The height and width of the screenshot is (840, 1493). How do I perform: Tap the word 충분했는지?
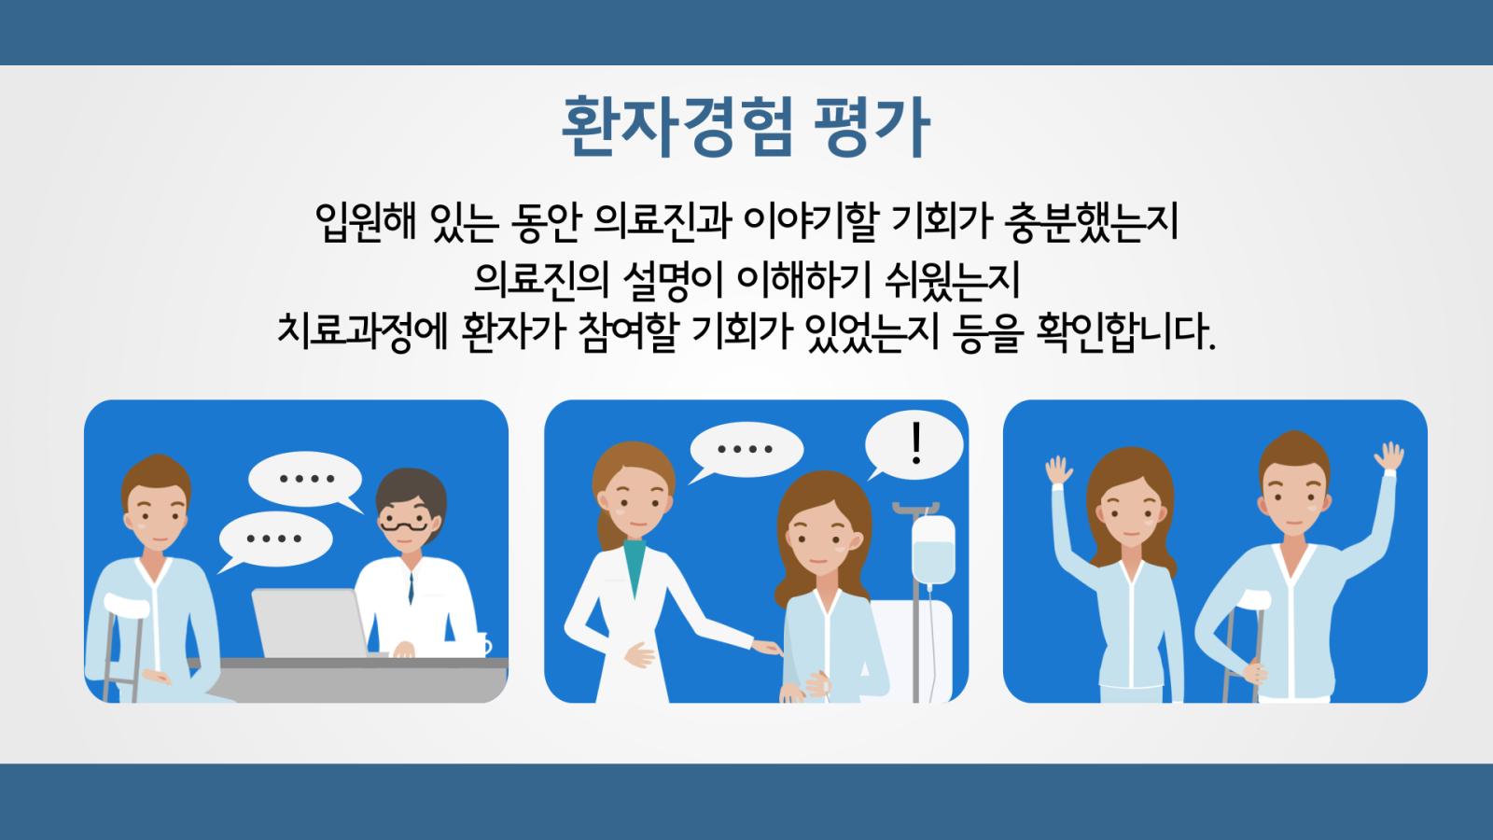1092,222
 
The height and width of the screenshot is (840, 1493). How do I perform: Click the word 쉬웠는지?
953,281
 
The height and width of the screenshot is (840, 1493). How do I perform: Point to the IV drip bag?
933,550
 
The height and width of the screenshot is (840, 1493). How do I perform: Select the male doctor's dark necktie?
412,588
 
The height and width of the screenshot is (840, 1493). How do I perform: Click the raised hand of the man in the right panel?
1389,456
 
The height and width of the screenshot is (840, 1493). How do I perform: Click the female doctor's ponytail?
607,530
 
